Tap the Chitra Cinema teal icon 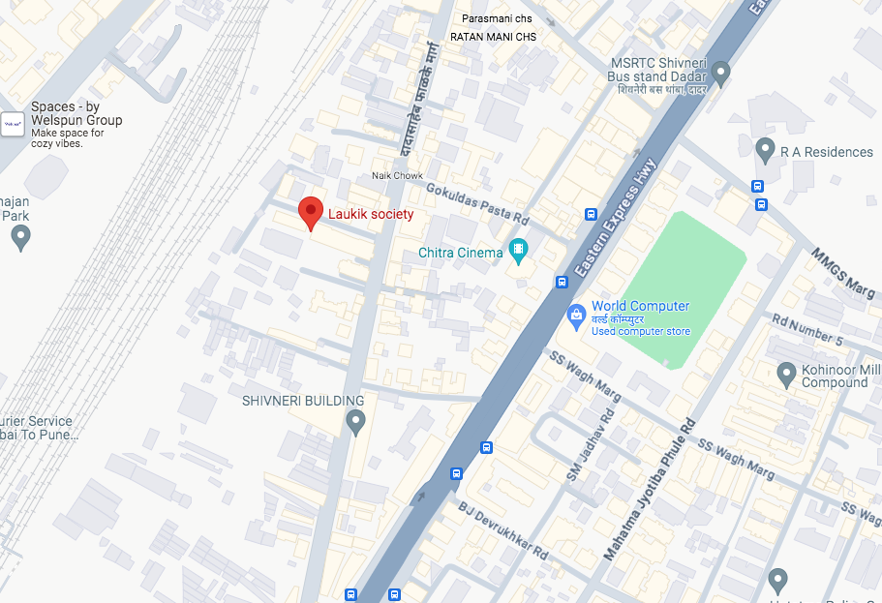518,253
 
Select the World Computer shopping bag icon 576,315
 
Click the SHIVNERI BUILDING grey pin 355,421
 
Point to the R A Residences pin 765,150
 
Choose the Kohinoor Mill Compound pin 787,373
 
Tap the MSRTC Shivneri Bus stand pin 721,74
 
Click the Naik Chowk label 398,175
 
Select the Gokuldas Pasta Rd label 477,205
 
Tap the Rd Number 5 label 806,330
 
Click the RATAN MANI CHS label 493,37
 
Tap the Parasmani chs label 497,18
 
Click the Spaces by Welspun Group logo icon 14,124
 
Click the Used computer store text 641,332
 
